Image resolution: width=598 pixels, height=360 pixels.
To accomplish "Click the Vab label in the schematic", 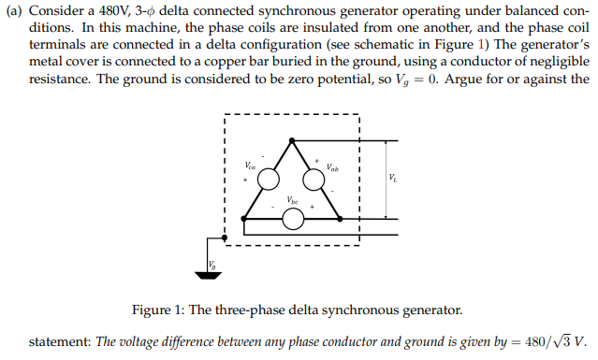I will [x=332, y=169].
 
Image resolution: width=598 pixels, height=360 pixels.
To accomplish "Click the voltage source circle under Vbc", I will [x=293, y=219].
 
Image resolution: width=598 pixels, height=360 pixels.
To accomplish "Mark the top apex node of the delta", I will [x=293, y=139].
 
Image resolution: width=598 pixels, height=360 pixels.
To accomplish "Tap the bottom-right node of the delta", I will [x=340, y=219].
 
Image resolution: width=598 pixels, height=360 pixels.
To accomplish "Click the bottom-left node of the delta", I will [x=245, y=219].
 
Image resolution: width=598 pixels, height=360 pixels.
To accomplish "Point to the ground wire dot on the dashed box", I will [x=225, y=234].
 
